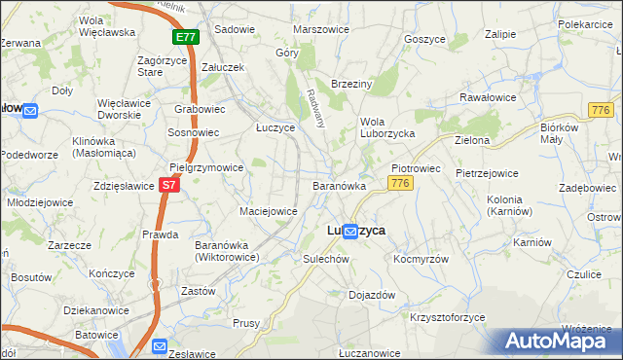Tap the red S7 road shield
[169, 183]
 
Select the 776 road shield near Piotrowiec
[398, 183]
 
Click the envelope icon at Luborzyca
[348, 231]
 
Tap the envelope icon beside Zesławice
[161, 344]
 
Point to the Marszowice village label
[320, 29]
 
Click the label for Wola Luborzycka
[387, 127]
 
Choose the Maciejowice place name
[268, 210]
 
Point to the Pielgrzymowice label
[206, 167]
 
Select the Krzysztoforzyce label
[448, 318]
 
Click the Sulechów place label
[325, 260]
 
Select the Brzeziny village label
[352, 85]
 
